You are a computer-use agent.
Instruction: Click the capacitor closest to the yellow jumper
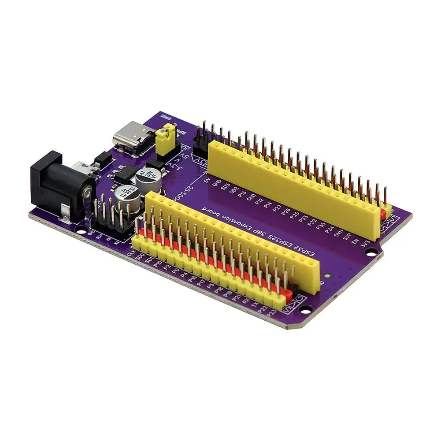pos(147,178)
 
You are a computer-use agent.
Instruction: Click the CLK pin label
pos(130,253)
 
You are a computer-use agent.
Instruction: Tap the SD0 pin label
pos(140,258)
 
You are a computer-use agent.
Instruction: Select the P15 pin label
pos(158,265)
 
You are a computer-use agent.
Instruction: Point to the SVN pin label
pos(339,232)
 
